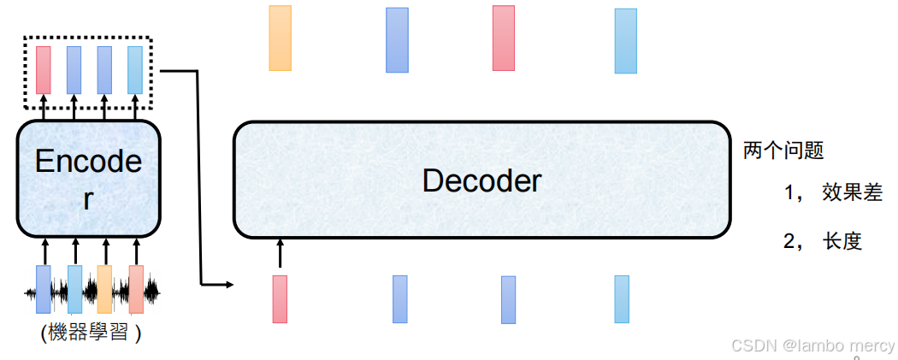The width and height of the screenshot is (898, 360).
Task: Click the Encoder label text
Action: click(x=89, y=179)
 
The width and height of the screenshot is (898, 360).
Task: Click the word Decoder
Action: click(x=481, y=180)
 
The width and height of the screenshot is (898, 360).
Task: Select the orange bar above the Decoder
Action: click(x=281, y=38)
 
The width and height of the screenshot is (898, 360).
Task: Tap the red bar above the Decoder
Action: click(x=504, y=38)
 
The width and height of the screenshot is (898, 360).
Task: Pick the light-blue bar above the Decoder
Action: click(x=626, y=41)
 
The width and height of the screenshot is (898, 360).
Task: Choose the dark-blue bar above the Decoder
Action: click(x=397, y=40)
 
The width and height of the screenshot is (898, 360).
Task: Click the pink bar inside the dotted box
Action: click(x=44, y=70)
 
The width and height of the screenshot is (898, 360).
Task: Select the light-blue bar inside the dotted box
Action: click(x=135, y=70)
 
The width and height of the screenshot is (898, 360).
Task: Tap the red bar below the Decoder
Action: click(x=280, y=299)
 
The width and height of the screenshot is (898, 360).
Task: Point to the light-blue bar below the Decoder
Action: click(x=622, y=298)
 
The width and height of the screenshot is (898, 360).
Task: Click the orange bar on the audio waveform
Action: click(x=105, y=289)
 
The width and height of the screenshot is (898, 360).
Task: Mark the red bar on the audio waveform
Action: click(x=136, y=289)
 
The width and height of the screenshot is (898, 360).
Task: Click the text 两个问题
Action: click(x=783, y=151)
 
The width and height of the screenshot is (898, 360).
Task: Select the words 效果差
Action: click(x=851, y=192)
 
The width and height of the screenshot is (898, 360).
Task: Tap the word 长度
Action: click(x=842, y=242)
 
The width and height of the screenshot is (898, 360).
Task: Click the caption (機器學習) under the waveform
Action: click(x=91, y=333)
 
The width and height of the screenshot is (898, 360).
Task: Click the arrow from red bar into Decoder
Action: click(x=280, y=253)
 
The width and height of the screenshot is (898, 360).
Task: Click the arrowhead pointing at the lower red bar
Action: click(x=229, y=283)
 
